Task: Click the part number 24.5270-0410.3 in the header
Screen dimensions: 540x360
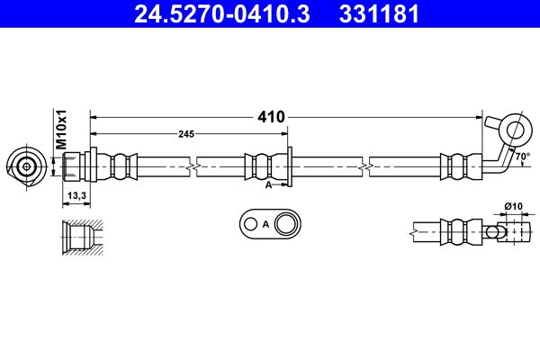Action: click(x=222, y=14)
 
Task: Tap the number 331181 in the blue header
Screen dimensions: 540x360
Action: click(x=379, y=14)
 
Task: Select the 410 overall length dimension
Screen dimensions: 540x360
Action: click(x=272, y=117)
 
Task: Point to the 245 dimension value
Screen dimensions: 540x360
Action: click(x=186, y=134)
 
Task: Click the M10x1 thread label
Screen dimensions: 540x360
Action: click(x=61, y=130)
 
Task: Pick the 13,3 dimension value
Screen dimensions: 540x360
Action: click(x=76, y=195)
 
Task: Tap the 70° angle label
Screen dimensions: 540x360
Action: click(x=523, y=157)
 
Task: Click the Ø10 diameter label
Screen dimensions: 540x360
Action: click(x=514, y=206)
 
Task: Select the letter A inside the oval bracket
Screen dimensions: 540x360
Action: click(x=265, y=225)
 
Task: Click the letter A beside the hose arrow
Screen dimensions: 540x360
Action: click(x=268, y=185)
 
